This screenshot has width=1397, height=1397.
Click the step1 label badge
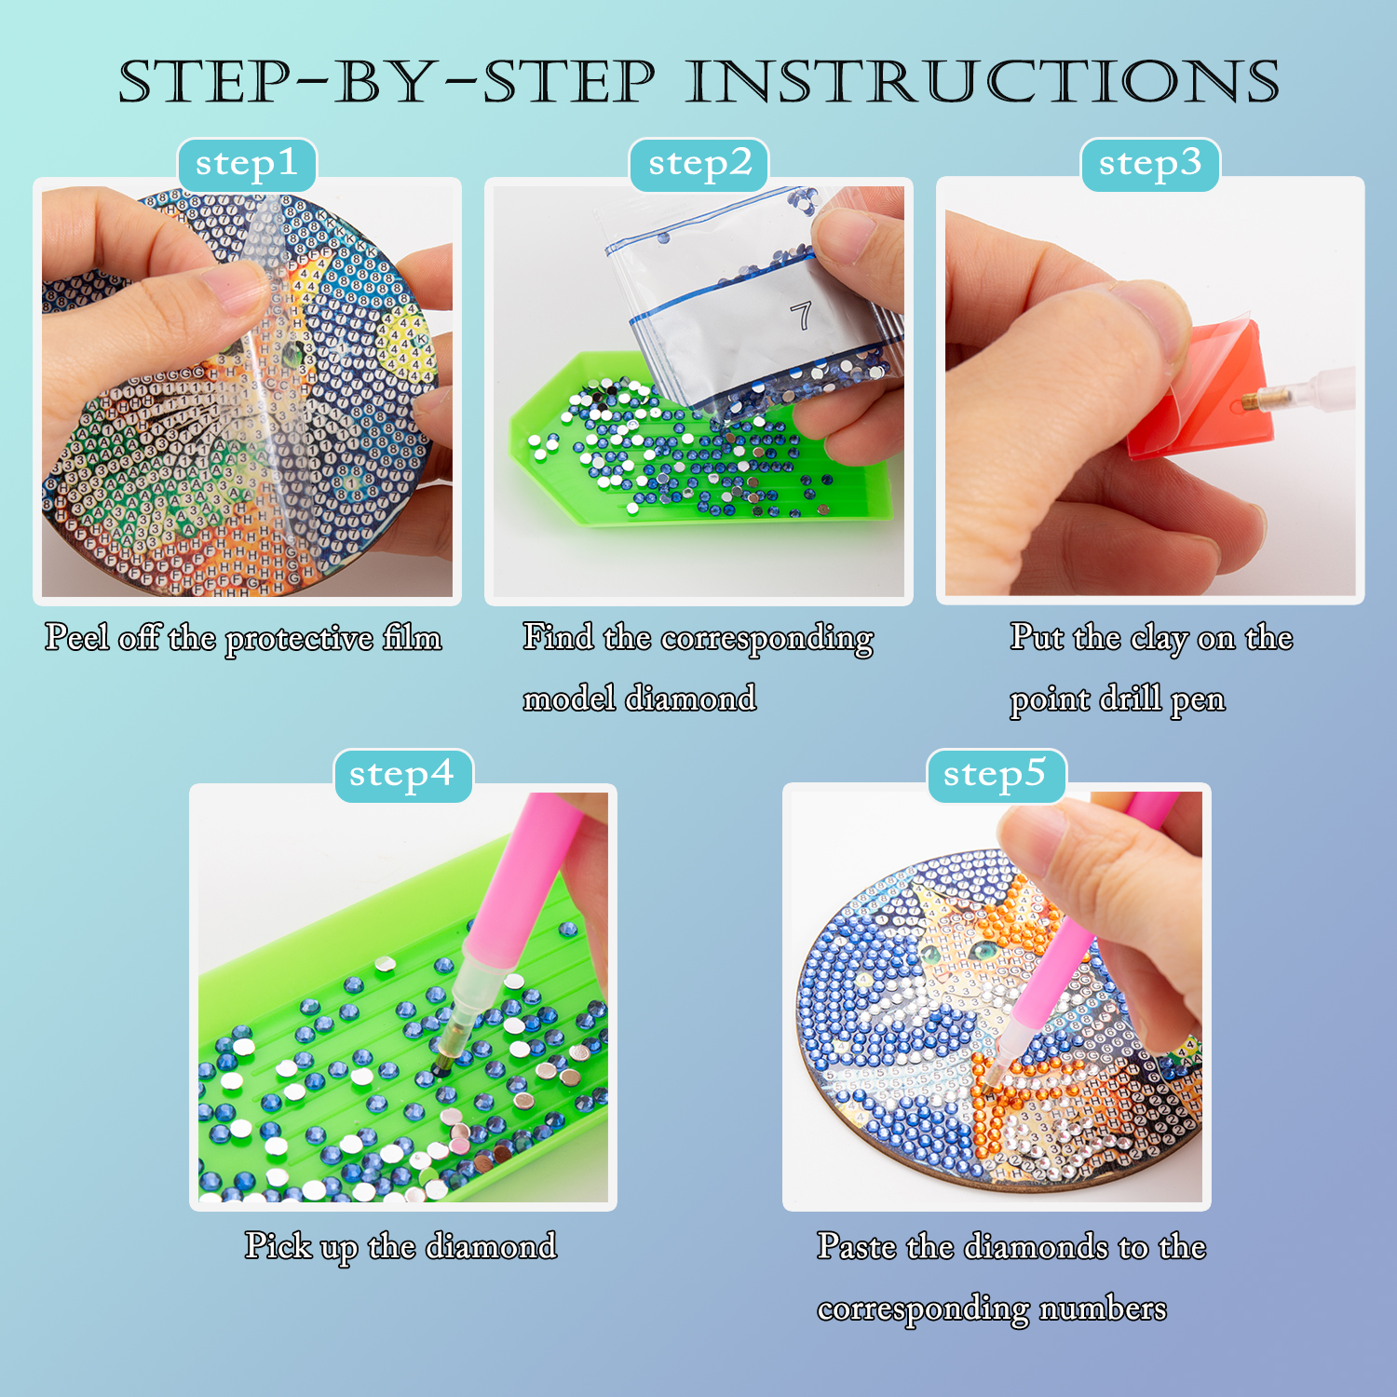[x=247, y=165]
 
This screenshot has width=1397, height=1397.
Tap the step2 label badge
[x=699, y=165]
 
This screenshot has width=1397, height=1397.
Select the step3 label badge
[x=1150, y=165]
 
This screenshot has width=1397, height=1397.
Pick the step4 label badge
[x=402, y=775]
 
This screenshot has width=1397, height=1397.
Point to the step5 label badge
[x=996, y=775]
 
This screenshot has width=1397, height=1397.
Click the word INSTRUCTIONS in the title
[x=983, y=82]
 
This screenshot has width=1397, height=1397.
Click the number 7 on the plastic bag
[x=801, y=315]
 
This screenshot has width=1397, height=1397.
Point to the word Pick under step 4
[x=278, y=1246]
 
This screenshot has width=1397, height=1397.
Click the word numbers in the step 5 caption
[x=1103, y=1309]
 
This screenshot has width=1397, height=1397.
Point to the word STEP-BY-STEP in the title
[x=387, y=82]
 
